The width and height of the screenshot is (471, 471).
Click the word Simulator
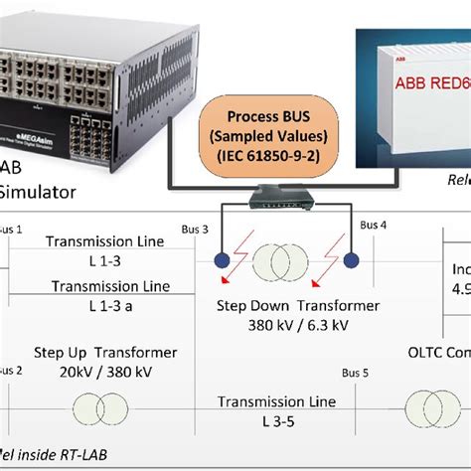35,189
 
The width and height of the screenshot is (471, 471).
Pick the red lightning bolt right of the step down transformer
343,261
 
